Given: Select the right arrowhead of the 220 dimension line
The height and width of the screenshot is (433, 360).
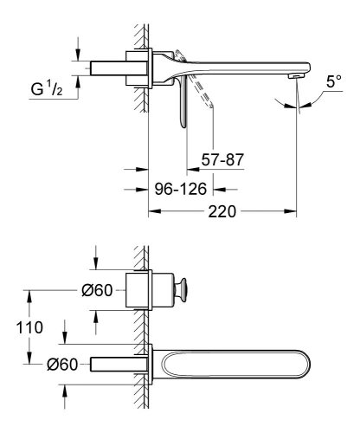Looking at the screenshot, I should (x=292, y=210).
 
